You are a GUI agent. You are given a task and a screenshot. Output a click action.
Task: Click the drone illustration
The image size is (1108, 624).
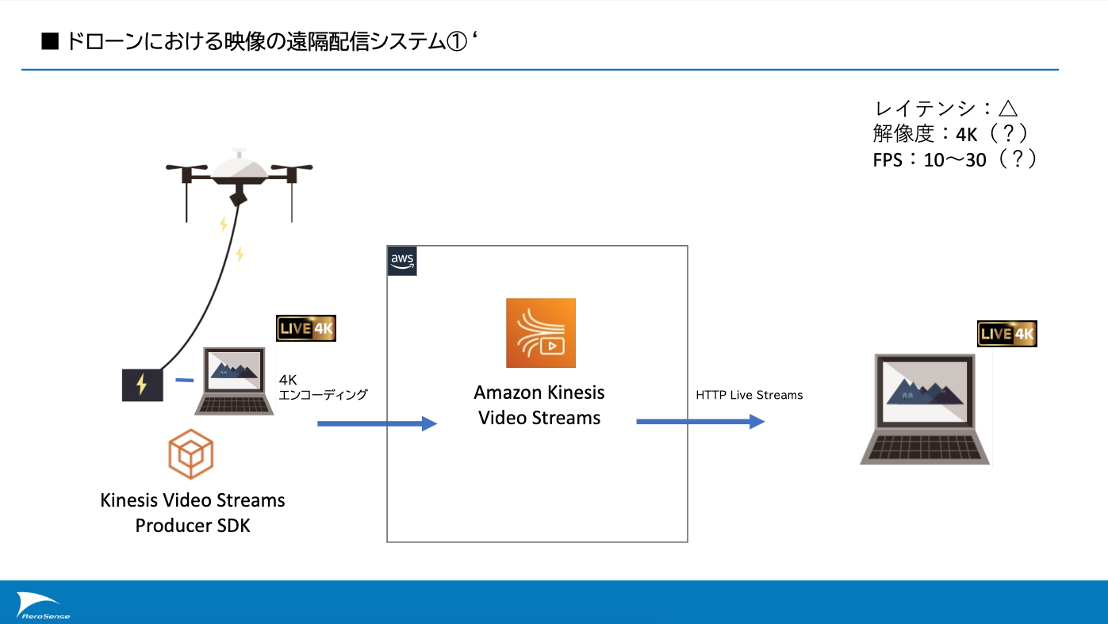tap(239, 175)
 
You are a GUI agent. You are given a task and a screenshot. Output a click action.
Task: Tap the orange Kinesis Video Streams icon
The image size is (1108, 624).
tap(541, 333)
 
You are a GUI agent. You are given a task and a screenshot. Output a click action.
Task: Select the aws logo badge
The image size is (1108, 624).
tap(402, 261)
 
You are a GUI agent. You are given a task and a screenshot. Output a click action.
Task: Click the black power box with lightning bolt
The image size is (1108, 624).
tap(142, 385)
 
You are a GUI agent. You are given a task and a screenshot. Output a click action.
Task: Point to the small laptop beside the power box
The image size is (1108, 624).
tap(235, 381)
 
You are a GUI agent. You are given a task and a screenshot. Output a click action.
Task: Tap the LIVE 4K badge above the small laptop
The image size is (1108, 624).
tap(306, 328)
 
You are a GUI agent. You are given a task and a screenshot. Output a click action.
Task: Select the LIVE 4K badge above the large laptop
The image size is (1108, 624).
tap(1006, 334)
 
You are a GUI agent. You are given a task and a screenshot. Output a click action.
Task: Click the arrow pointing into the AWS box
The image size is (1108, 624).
tap(377, 424)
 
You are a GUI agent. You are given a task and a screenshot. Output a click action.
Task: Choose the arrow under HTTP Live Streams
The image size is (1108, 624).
tap(700, 422)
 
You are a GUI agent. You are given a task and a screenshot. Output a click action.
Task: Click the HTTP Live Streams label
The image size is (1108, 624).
tap(749, 395)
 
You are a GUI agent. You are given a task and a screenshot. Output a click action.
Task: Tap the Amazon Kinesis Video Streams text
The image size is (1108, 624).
tap(539, 405)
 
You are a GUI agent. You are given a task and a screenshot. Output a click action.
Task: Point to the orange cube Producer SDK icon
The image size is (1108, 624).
tap(190, 454)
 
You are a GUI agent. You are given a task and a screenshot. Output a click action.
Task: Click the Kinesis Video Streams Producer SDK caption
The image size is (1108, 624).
tap(193, 512)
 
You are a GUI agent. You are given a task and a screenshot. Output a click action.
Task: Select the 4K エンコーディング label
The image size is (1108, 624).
tap(323, 387)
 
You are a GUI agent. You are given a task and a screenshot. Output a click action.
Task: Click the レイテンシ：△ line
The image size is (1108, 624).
tap(945, 109)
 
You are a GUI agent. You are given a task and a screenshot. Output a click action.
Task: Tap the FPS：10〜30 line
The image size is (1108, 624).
tap(954, 159)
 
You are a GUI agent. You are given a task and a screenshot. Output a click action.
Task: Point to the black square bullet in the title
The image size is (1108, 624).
tap(50, 43)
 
